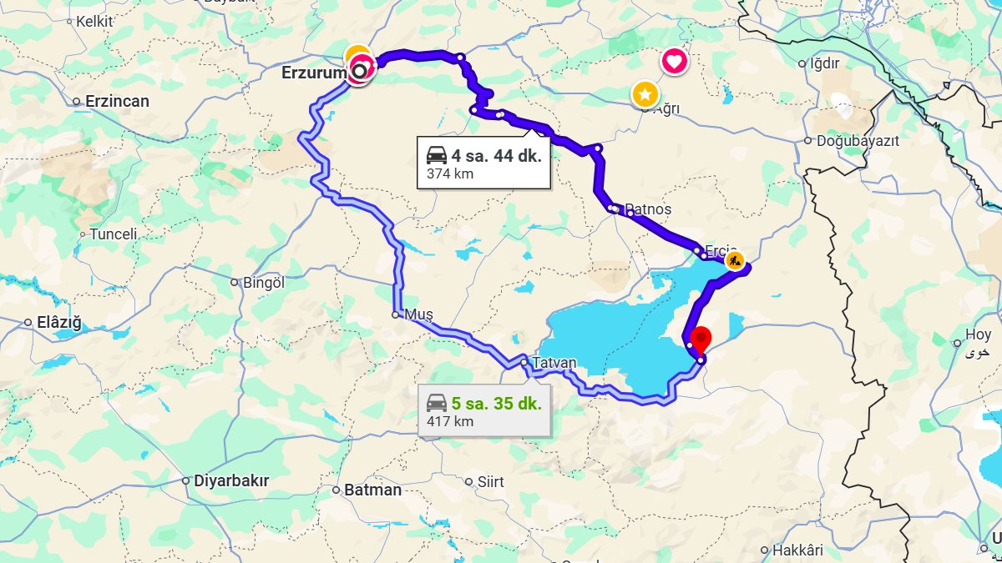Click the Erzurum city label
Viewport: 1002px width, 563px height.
point(313,73)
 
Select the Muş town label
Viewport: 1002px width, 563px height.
point(418,314)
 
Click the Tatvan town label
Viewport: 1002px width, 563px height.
point(554,363)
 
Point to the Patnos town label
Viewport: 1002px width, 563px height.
point(648,209)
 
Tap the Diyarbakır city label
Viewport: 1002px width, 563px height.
point(231,480)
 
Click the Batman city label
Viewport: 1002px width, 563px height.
point(372,490)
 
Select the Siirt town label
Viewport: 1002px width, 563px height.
point(490,482)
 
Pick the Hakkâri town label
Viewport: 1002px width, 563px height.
point(797,550)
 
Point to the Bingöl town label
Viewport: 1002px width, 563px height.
point(263,283)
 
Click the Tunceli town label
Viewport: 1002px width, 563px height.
point(113,234)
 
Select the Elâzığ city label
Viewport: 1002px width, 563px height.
point(58,323)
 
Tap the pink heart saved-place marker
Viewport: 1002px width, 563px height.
point(675,61)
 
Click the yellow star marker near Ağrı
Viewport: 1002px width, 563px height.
point(645,93)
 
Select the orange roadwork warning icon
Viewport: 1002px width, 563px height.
point(734,260)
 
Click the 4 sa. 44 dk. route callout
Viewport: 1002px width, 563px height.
point(483,163)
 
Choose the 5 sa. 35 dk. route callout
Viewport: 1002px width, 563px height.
point(483,411)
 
